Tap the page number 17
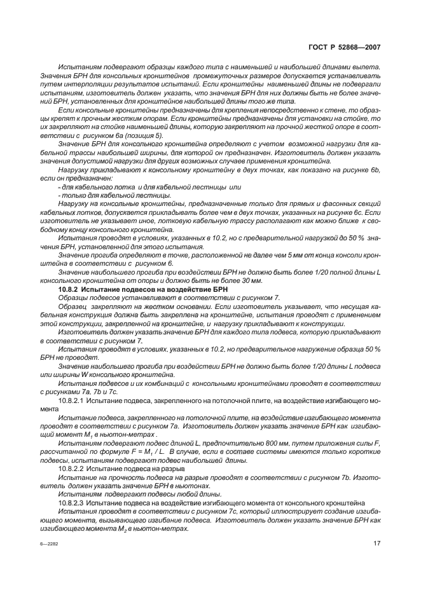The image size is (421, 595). [376, 542]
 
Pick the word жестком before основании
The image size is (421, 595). [155, 306]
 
